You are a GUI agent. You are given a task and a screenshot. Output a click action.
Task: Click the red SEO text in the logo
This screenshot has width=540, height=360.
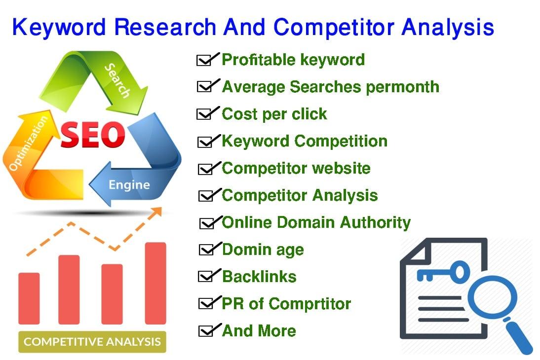pos(92,135)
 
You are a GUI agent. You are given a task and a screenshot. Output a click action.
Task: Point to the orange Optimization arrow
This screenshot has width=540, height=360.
pos(30,148)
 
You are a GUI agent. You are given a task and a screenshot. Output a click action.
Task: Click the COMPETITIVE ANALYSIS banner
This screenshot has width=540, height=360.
pos(92,341)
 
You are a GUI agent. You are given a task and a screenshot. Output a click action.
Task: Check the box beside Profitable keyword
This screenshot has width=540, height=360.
pos(203,61)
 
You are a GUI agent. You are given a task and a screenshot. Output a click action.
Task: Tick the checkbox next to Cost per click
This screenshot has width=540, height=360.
pos(203,114)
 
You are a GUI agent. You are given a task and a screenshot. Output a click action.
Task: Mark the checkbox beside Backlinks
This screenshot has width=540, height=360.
pos(204,277)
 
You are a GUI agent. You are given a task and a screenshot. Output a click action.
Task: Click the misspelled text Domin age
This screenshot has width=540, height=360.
pos(263,250)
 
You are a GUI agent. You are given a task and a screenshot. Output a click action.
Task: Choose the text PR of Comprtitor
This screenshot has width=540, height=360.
pos(286,303)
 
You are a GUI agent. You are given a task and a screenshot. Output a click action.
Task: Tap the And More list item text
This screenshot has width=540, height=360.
pos(259,330)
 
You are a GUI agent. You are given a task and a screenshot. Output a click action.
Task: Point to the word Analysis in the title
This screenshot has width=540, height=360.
pos(447,27)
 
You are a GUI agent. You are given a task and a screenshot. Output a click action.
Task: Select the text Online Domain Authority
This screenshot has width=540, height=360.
pos(316,222)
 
